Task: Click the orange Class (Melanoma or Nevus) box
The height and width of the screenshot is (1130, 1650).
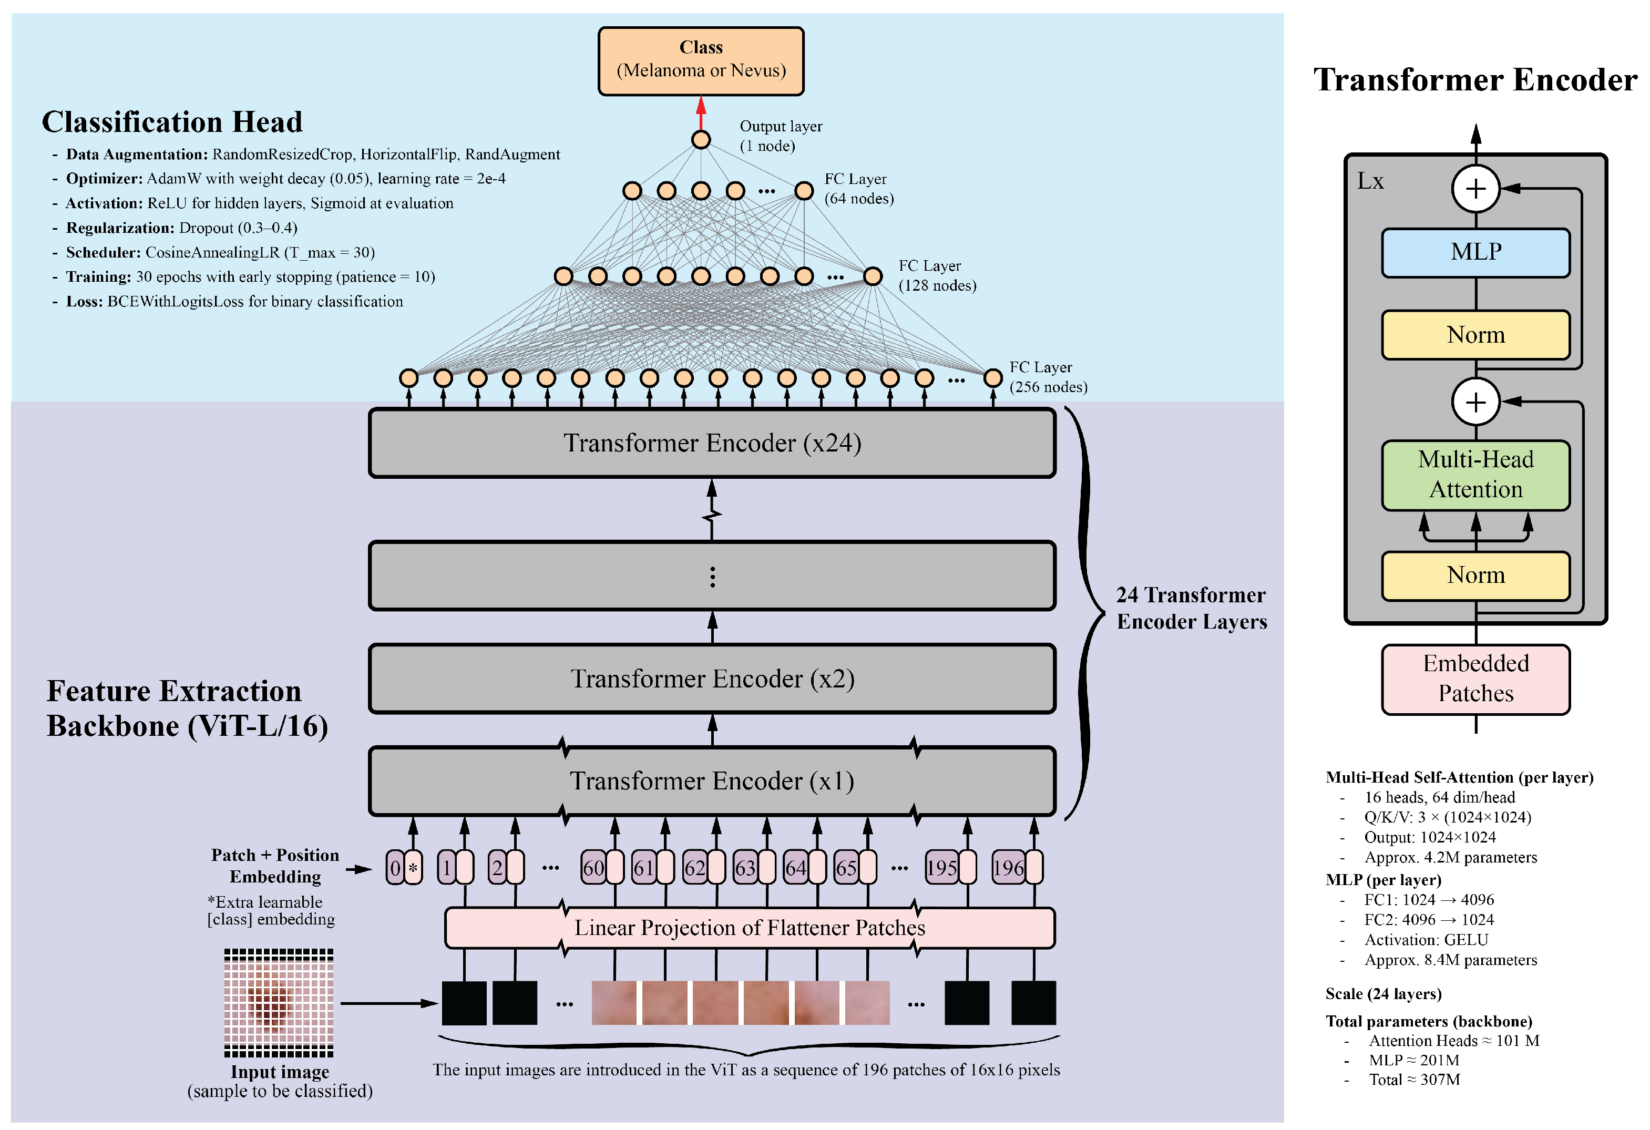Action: coord(700,61)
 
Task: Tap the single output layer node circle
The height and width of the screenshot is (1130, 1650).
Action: coord(700,139)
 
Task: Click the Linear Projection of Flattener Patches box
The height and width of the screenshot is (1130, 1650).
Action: coord(749,928)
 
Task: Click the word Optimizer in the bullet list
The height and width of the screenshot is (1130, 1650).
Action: coord(104,179)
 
